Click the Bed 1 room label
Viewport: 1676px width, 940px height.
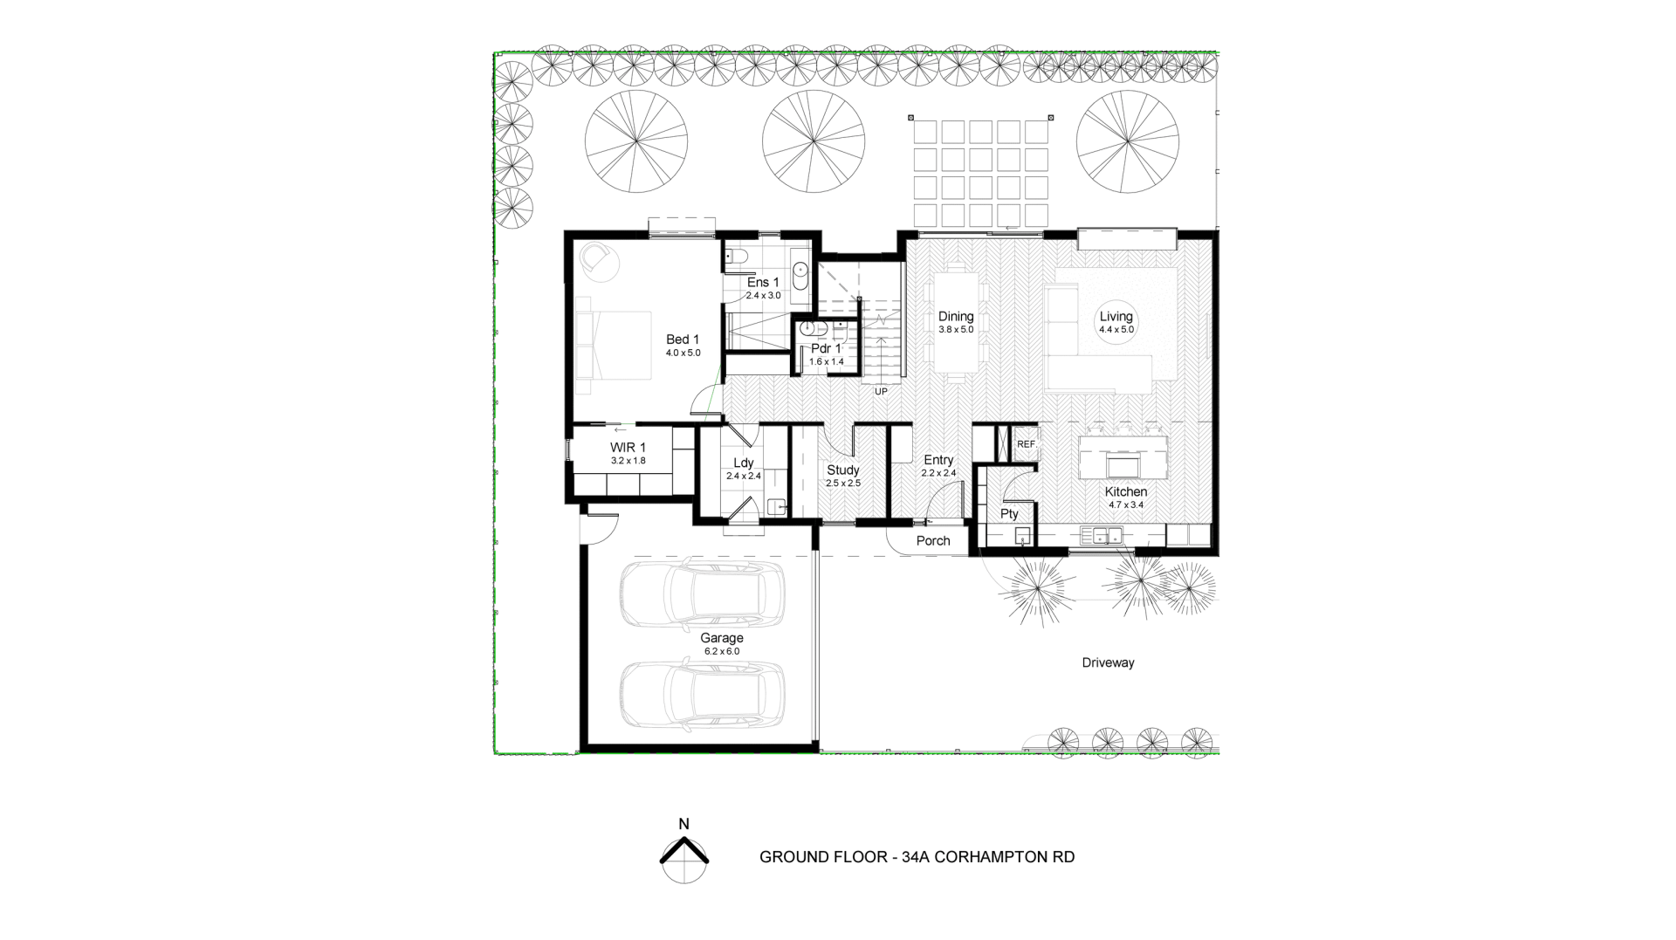(683, 340)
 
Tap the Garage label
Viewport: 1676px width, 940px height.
(722, 638)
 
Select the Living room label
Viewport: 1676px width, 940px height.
(1116, 317)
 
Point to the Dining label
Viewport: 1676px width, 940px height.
(956, 317)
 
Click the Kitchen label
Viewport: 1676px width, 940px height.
(1126, 491)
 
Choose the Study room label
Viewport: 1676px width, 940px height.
(843, 470)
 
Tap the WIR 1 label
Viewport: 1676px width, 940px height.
(628, 448)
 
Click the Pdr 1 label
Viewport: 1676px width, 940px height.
(826, 348)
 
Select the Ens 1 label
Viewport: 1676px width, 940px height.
(763, 282)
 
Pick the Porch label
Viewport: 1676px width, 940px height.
(933, 541)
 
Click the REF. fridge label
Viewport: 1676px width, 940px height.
(1027, 444)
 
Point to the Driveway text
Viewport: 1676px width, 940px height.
(1108, 662)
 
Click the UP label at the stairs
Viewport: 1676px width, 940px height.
(881, 392)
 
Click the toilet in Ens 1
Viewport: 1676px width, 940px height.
(735, 257)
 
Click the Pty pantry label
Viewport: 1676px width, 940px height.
(1009, 514)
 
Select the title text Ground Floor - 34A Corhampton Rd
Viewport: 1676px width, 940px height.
(917, 857)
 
